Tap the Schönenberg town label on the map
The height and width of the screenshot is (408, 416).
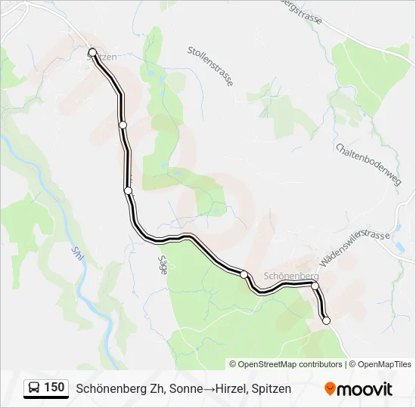tap(291, 277)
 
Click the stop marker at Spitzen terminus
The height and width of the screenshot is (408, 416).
tap(93, 52)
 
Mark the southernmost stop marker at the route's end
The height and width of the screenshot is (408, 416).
tap(326, 321)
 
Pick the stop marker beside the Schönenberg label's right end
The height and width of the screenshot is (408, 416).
tap(315, 286)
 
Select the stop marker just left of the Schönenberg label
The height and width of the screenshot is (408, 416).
tap(244, 274)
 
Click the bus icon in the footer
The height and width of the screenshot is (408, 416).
tap(34, 388)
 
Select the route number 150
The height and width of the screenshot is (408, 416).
tap(54, 388)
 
